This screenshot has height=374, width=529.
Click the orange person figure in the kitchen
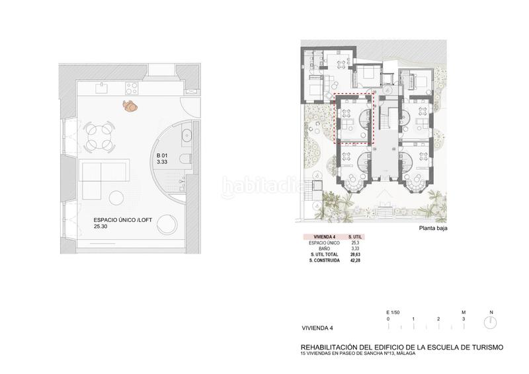point(130,105)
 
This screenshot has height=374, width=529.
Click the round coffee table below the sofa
point(118,199)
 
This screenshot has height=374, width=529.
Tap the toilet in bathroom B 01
point(186,159)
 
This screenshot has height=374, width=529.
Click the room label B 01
point(162,156)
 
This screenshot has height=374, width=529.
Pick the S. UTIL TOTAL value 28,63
point(354,255)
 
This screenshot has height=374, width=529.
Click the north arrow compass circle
point(490,322)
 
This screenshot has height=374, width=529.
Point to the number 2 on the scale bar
point(438,319)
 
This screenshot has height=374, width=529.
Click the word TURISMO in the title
point(484,347)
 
